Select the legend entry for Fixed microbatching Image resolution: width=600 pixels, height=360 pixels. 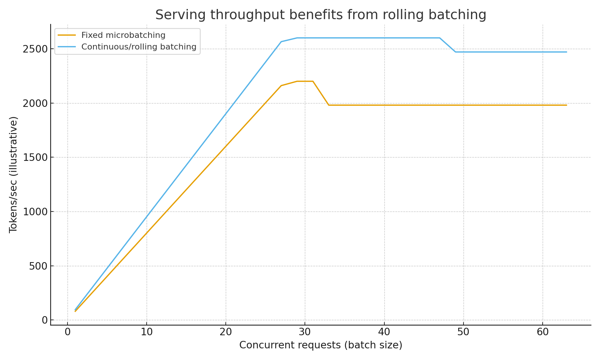(123, 35)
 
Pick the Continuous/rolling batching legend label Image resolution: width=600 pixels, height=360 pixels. (139, 47)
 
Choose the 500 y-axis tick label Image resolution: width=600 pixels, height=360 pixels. (38, 266)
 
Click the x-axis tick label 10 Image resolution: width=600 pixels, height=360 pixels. (147, 332)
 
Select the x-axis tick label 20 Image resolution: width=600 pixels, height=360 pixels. (226, 332)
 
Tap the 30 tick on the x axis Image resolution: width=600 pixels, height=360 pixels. (305, 332)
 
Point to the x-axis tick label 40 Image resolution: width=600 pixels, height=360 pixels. (384, 332)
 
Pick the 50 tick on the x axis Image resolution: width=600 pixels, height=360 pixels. (463, 332)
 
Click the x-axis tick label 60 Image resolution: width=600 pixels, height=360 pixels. (543, 332)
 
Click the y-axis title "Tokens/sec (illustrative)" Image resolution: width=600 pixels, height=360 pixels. (13, 174)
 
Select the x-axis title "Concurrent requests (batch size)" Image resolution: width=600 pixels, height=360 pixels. (321, 345)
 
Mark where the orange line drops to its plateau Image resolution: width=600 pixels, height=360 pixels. (329, 105)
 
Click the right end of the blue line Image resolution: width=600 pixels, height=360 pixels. (566, 52)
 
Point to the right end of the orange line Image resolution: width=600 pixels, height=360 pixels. (566, 105)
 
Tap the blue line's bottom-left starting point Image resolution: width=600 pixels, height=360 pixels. (75, 310)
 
